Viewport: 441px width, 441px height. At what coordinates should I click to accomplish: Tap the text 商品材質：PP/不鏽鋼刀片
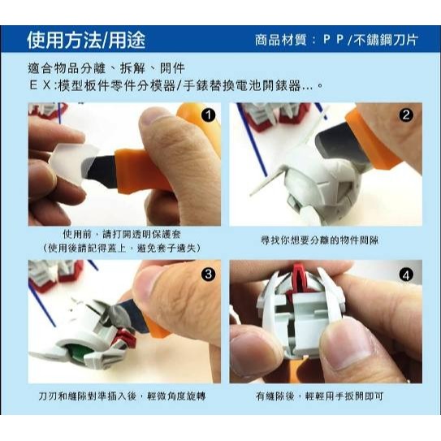[x=336, y=40]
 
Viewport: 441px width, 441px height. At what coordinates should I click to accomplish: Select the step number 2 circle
[x=406, y=116]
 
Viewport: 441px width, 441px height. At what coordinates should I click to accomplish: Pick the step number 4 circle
[x=406, y=274]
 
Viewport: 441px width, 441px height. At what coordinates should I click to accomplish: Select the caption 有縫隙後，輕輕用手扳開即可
[x=325, y=399]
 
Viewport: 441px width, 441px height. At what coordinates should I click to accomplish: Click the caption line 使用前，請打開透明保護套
[x=124, y=233]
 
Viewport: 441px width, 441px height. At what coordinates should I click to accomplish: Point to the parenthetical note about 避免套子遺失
[x=124, y=247]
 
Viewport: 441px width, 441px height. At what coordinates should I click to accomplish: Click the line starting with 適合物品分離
[x=106, y=68]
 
